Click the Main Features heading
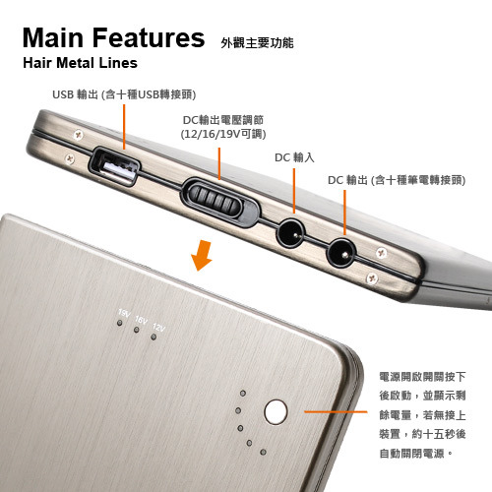(x=113, y=37)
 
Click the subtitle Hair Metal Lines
(x=80, y=63)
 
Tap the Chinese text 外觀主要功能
(x=257, y=43)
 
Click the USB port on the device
(x=114, y=167)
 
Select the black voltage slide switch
(x=219, y=202)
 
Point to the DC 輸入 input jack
(x=291, y=233)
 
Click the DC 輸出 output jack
(x=341, y=253)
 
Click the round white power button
(x=276, y=412)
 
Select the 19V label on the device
(x=124, y=313)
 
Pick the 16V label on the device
(x=141, y=320)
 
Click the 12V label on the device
(x=158, y=328)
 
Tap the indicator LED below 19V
(x=120, y=323)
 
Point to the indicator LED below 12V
(x=154, y=337)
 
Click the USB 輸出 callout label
(x=124, y=94)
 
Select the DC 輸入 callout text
(x=294, y=157)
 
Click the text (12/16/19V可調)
(x=223, y=134)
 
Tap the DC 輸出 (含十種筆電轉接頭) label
(x=397, y=180)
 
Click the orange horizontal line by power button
(x=336, y=411)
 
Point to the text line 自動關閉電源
(x=416, y=454)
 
